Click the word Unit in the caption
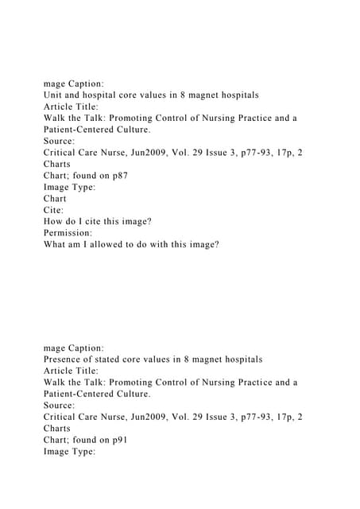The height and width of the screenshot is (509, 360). pyautogui.click(x=53, y=95)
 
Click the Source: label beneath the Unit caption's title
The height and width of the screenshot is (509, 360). pyautogui.click(x=61, y=141)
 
